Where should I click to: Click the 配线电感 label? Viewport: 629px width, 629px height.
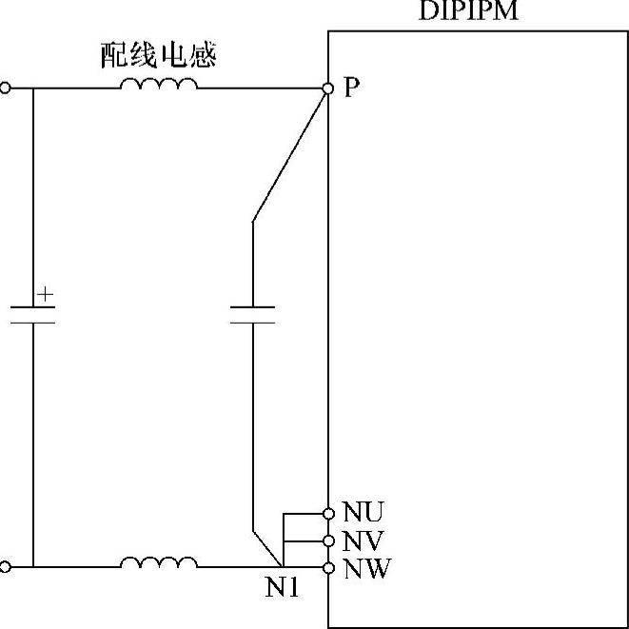[160, 55]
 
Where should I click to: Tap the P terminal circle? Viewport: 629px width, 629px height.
[327, 88]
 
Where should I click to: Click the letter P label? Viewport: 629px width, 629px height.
[352, 88]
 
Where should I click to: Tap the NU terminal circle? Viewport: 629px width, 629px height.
[328, 512]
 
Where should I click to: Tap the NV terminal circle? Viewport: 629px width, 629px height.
[328, 541]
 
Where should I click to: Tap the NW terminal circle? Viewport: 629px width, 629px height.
[328, 568]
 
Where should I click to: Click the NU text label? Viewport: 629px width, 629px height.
[363, 513]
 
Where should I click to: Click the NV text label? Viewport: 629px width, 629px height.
[363, 541]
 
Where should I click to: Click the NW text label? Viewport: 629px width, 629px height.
[364, 569]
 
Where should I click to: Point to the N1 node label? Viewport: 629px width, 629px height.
[282, 589]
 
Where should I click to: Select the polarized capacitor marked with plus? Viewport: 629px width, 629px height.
[32, 315]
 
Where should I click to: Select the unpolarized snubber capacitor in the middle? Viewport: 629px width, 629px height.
[252, 315]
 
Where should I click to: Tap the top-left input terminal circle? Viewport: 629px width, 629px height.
[6, 88]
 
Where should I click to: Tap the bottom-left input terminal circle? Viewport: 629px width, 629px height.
[6, 567]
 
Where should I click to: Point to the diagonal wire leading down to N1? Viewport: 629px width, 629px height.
[267, 547]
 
